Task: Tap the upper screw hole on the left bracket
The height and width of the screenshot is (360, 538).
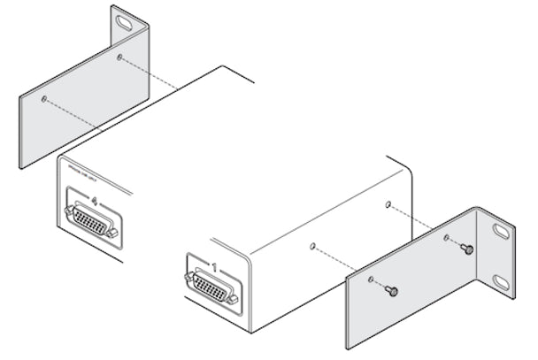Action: pos(119,57)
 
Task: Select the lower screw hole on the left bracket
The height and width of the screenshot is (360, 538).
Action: pos(44,99)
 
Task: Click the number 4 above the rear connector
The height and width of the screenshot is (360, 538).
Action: pos(95,202)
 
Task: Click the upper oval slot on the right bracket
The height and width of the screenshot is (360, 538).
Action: pos(502,233)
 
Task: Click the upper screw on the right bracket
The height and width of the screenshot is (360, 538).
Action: pos(467,249)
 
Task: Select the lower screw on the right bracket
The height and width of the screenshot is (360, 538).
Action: pos(392,291)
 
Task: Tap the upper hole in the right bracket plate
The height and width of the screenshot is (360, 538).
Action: pos(447,238)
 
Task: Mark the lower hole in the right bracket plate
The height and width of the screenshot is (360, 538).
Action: pos(371,280)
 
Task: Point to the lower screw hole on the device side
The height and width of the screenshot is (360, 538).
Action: pos(313,247)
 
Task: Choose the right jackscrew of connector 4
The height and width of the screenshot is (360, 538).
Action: pos(115,234)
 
